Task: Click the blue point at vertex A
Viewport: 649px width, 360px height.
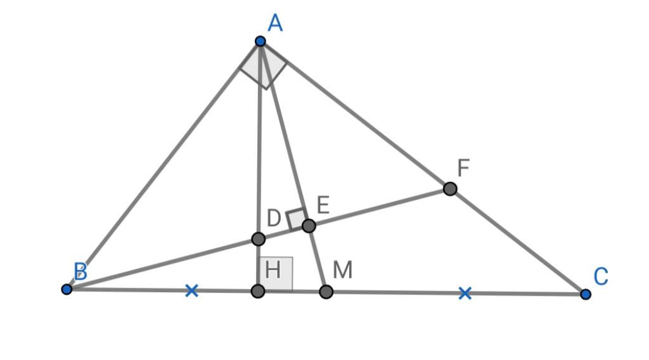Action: pos(260,41)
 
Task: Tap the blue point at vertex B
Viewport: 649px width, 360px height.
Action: pos(67,289)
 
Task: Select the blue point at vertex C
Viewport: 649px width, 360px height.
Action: pos(585,294)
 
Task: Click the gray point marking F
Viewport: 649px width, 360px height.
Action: pos(450,189)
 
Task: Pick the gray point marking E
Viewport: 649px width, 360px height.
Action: pos(309,226)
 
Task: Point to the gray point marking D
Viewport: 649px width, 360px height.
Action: pos(259,239)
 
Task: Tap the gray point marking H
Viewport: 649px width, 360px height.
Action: pos(258,291)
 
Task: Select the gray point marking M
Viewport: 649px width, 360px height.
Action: pos(326,292)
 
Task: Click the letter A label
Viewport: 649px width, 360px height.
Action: pos(275,23)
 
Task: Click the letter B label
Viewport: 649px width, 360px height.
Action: pos(80,271)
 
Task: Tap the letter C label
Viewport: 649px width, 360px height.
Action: pos(601,276)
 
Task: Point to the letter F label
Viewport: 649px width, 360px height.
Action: pos(463,168)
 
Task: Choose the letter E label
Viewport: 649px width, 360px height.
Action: pos(323,205)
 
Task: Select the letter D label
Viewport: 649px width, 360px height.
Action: pos(274,218)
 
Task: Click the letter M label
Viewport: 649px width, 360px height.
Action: pos(343,270)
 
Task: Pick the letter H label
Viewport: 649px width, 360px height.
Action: pos(273,270)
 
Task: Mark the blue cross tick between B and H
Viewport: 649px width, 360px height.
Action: pos(191,290)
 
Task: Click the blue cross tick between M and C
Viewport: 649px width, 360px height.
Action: pos(465,293)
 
